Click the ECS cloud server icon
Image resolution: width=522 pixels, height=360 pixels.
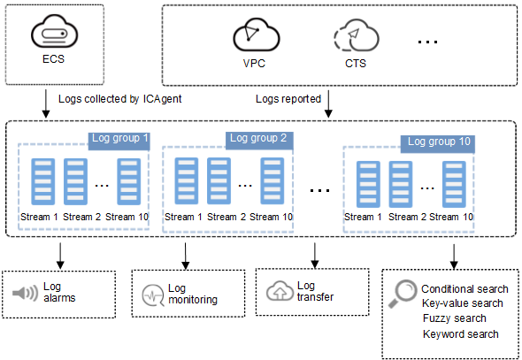[x=54, y=31]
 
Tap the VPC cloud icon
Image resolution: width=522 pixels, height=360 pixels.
[x=256, y=34]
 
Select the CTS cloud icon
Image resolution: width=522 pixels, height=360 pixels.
[x=357, y=34]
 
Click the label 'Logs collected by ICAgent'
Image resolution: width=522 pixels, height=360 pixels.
[x=119, y=99]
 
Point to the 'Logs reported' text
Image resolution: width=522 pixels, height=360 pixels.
[x=288, y=99]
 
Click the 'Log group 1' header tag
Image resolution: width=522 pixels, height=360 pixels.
[x=119, y=141]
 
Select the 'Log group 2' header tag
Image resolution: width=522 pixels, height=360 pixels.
[x=259, y=141]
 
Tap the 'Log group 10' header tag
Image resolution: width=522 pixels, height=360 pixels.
[x=437, y=144]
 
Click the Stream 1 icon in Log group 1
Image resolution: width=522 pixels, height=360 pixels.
[x=43, y=181]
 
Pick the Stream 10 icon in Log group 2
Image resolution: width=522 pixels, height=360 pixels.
[x=273, y=180]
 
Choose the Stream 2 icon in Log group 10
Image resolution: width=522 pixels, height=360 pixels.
[x=401, y=184]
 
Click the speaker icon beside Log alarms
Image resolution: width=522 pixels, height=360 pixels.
[x=26, y=293]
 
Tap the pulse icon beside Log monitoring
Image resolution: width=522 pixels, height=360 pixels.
[x=153, y=295]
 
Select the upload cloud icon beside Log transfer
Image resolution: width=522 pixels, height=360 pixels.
[x=280, y=290]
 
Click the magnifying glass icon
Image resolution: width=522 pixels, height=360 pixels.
[x=403, y=293]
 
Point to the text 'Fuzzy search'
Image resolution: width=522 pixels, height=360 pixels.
[x=455, y=318]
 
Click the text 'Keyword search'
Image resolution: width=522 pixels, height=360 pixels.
[x=461, y=334]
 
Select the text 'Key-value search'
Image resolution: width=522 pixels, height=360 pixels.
[x=463, y=303]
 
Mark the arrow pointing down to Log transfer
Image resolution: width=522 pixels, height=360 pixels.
[x=315, y=256]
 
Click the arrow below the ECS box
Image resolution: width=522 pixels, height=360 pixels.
[x=46, y=103]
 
